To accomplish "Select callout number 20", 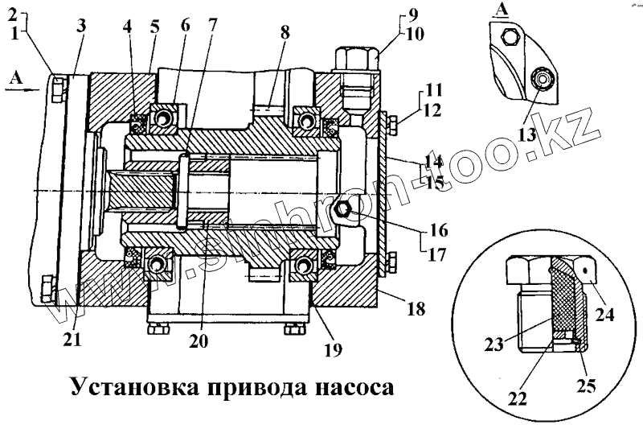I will click(199, 340).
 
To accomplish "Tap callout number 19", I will click(332, 349).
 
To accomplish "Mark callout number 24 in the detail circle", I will click(605, 316).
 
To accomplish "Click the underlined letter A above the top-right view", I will click(503, 10).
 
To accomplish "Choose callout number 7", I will click(212, 24).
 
